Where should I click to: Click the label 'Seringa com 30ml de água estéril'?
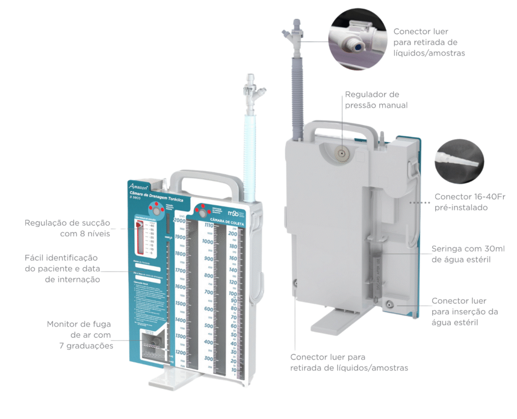coord(468,254)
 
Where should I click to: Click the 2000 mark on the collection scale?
coord(179,220)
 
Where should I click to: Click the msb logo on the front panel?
coord(236,208)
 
